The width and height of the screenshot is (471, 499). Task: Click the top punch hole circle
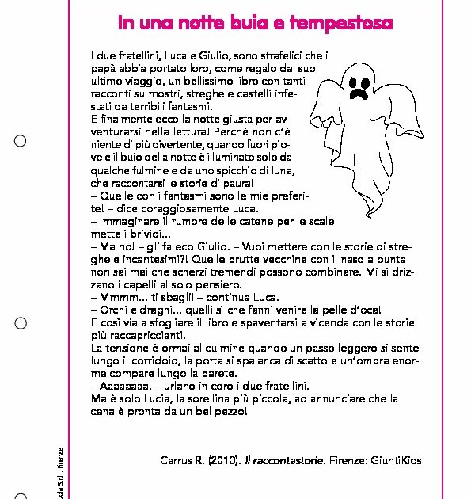tap(21, 141)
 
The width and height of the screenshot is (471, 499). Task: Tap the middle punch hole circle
tap(21, 323)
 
